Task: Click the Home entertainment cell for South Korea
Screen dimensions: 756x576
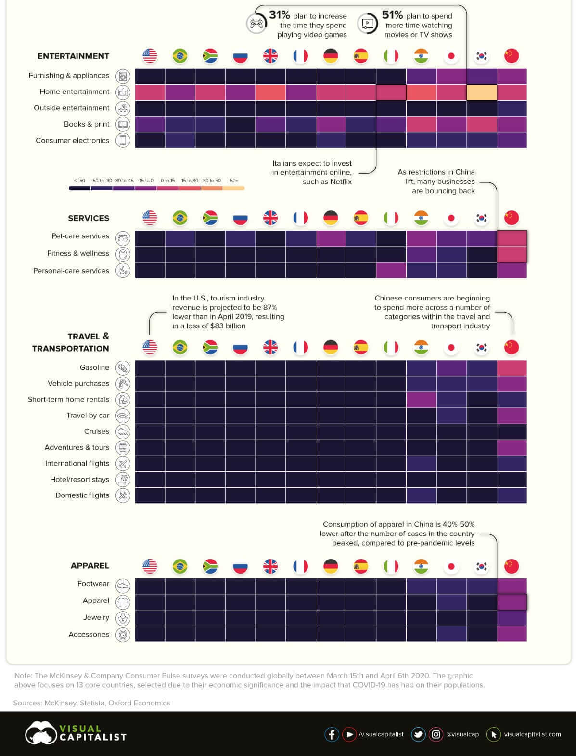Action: coord(482,92)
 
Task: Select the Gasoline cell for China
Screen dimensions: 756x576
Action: coord(512,368)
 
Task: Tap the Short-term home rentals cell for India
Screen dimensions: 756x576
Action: coord(422,400)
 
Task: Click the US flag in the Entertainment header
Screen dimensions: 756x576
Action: coord(150,56)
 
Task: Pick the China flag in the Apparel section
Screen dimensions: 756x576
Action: coord(512,566)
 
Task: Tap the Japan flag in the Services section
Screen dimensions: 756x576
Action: coord(451,218)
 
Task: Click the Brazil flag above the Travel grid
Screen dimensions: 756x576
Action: coord(180,347)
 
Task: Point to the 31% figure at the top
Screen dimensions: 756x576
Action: coord(279,15)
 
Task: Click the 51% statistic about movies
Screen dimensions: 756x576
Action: coord(392,15)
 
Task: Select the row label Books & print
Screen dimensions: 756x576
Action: coord(87,124)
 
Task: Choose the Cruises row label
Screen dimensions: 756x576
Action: coord(97,431)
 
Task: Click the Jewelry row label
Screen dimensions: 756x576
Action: coord(96,617)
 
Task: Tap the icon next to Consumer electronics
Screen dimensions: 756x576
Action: coord(123,141)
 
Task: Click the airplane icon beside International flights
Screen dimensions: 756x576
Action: coord(123,464)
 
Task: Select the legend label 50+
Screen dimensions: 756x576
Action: coord(234,181)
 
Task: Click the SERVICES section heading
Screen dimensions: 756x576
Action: coord(89,218)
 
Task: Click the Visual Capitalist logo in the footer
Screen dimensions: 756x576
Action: coord(76,733)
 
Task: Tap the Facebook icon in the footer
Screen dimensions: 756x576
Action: coord(332,734)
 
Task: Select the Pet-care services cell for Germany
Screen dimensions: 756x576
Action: coord(331,238)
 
